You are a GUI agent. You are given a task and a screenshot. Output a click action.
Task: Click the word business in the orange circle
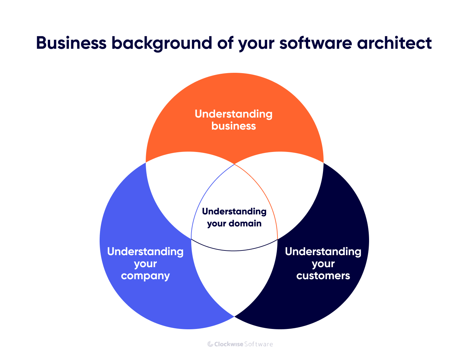point(234,126)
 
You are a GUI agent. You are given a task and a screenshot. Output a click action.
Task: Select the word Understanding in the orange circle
point(234,114)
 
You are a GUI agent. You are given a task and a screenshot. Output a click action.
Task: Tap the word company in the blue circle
point(145,276)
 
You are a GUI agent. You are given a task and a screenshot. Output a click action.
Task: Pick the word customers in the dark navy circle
point(323,276)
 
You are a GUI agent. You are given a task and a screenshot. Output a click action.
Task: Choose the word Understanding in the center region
point(234,211)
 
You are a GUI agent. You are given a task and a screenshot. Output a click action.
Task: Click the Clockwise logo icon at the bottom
point(210,344)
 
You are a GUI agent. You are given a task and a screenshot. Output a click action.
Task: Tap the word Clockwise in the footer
point(229,344)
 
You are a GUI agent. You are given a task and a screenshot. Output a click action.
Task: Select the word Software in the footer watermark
point(258,344)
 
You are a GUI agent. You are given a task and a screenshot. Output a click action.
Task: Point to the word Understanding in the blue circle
point(145,251)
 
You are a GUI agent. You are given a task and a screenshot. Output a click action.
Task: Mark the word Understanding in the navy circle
point(323,251)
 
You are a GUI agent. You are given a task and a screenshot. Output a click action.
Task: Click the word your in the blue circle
point(145,264)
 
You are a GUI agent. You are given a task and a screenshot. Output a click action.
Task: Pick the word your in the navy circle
point(323,264)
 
